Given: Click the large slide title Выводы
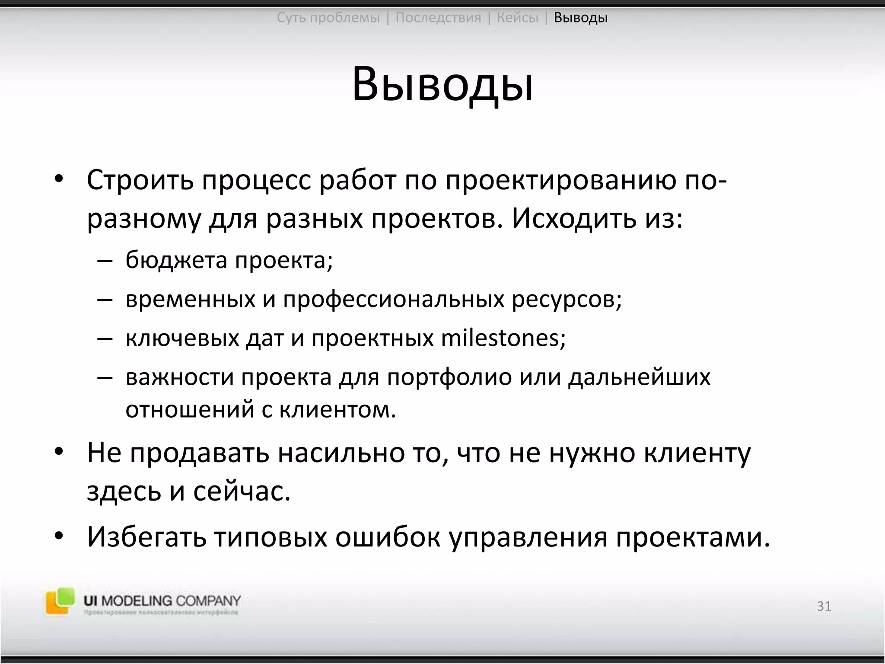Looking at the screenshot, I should pyautogui.click(x=442, y=84).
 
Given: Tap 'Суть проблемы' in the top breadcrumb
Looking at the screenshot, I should pyautogui.click(x=328, y=18).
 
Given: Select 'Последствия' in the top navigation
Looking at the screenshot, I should pyautogui.click(x=438, y=18).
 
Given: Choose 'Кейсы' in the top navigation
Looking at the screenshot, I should pyautogui.click(x=517, y=18).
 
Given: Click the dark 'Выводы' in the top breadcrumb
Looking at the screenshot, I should pyautogui.click(x=581, y=18).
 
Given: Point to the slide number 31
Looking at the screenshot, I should pyautogui.click(x=824, y=606).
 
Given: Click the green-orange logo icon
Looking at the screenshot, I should pyautogui.click(x=60, y=601).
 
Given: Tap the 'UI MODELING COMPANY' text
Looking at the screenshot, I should pyautogui.click(x=162, y=600).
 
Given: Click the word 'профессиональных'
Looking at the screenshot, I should pyautogui.click(x=394, y=299).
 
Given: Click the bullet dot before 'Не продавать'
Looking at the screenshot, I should pyautogui.click(x=59, y=452).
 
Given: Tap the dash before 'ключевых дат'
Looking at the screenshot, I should pyautogui.click(x=105, y=338).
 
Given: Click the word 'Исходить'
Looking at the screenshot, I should pyautogui.click(x=574, y=219).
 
